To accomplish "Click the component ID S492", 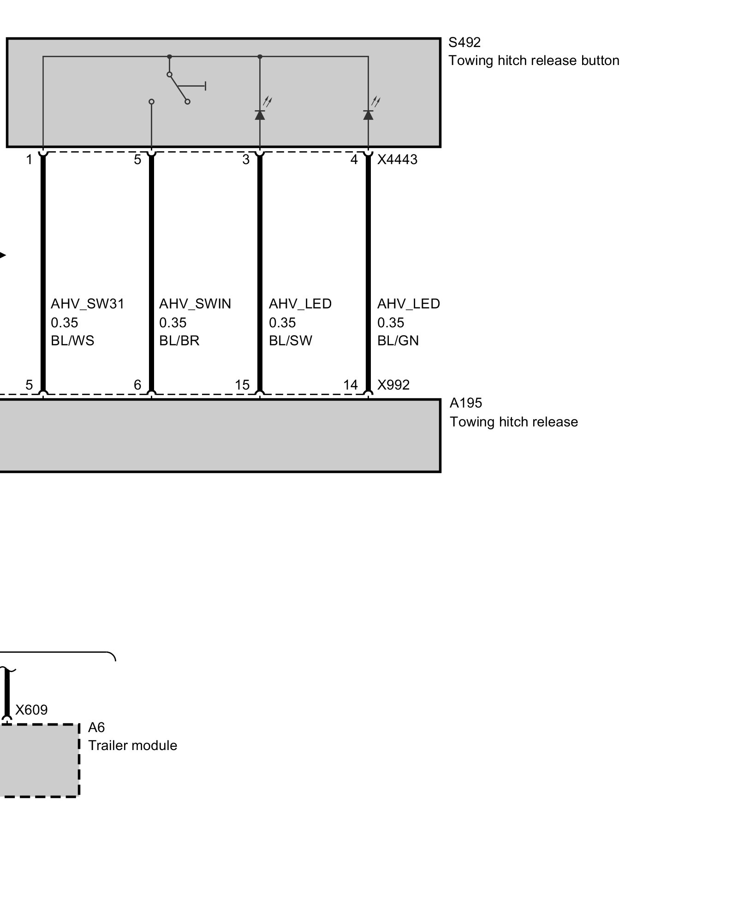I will pos(464,42).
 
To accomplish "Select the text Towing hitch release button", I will pos(534,61).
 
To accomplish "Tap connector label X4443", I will pos(397,160).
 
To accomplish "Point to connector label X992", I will pos(393,385).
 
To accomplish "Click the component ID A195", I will pos(466,403).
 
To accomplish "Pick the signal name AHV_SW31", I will pos(88,304).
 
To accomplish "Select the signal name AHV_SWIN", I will pos(195,304).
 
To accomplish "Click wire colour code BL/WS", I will pos(72,341).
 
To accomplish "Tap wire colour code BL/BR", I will pos(179,341).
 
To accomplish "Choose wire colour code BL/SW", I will pos(291,341).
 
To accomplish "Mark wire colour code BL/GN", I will pos(398,341).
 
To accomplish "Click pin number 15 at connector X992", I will pos(242,385).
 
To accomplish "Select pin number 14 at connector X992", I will pos(351,385).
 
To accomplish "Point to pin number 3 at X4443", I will pos(246,160).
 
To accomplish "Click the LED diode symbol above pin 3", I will pos(260,114).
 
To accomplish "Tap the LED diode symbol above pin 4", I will pos(368,114).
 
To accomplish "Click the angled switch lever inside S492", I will pos(179,88).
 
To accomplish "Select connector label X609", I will pos(31,709).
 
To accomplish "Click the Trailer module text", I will pos(132,745).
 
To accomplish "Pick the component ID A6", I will pos(96,727).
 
